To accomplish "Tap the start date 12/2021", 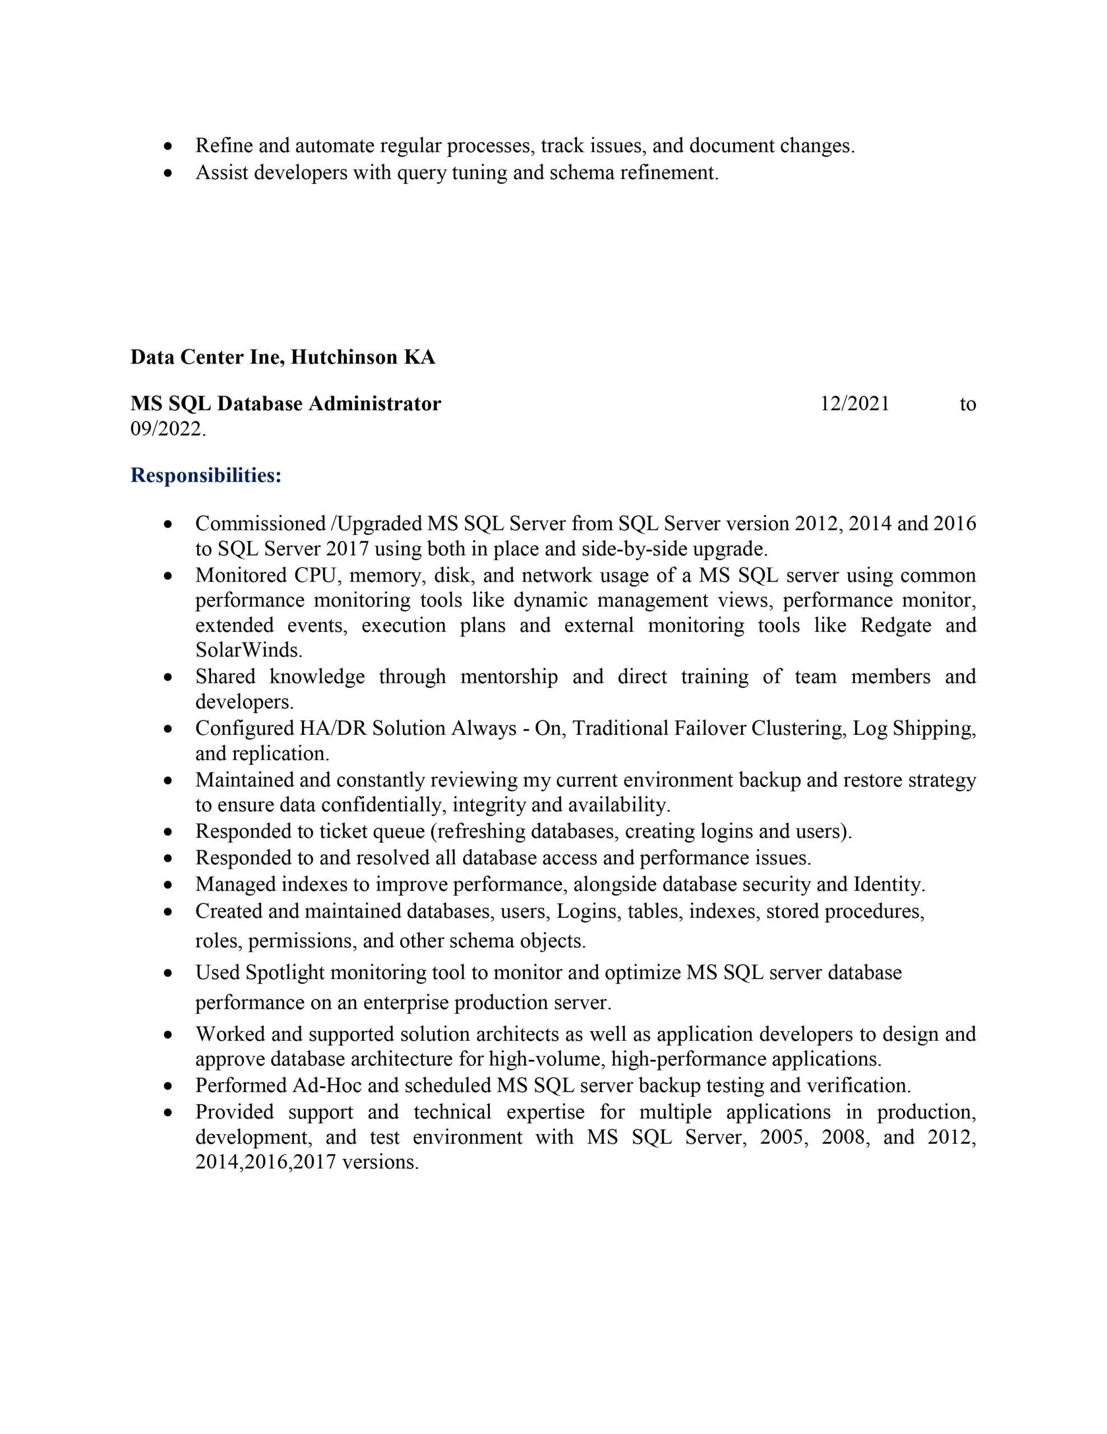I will pos(855,404).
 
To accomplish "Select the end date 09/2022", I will pos(168,430).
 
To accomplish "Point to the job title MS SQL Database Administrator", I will pos(285,404).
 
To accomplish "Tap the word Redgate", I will pos(895,625).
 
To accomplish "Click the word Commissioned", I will pos(260,523).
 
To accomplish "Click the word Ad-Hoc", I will pos(327,1086).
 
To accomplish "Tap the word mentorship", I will pos(509,676).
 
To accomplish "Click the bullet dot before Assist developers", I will pos(170,173).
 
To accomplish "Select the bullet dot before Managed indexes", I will pos(170,885).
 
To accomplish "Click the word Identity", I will pos(889,884).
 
